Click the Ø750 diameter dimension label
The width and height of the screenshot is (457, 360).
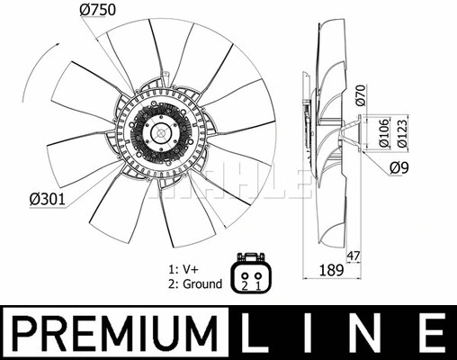[98, 11]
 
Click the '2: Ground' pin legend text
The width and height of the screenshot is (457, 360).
[195, 283]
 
